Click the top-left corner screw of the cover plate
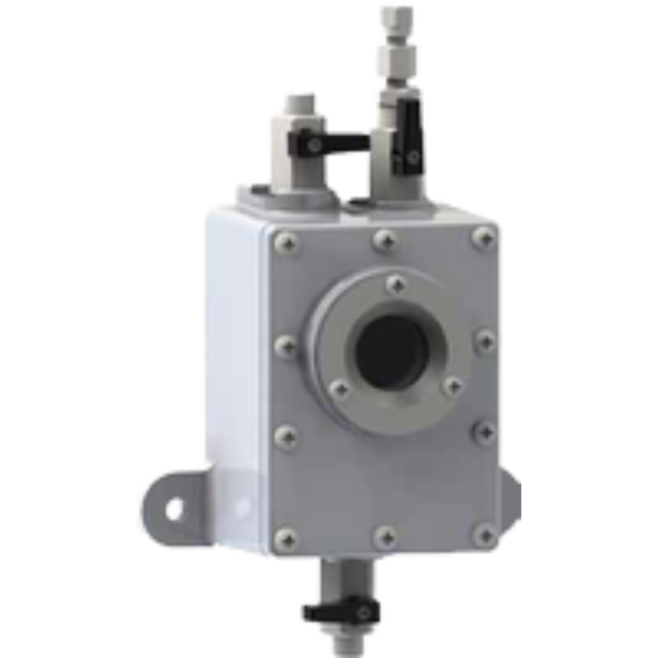[x=286, y=245]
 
